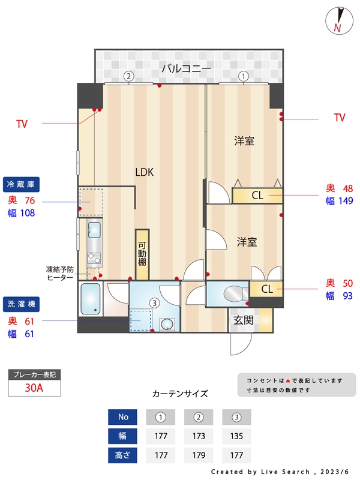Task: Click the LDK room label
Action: pos(145,172)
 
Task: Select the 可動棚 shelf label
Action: pos(142,254)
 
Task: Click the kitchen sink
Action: pos(95,229)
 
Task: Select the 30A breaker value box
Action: pos(34,388)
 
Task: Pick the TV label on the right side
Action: pos(340,118)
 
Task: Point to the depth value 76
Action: pos(29,200)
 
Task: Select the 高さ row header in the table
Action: pos(123,455)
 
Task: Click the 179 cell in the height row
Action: pos(199,455)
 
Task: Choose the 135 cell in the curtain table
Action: pos(236,436)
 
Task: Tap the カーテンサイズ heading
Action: pos(180,394)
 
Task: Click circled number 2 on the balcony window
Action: pos(128,76)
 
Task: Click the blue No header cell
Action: pos(123,417)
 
